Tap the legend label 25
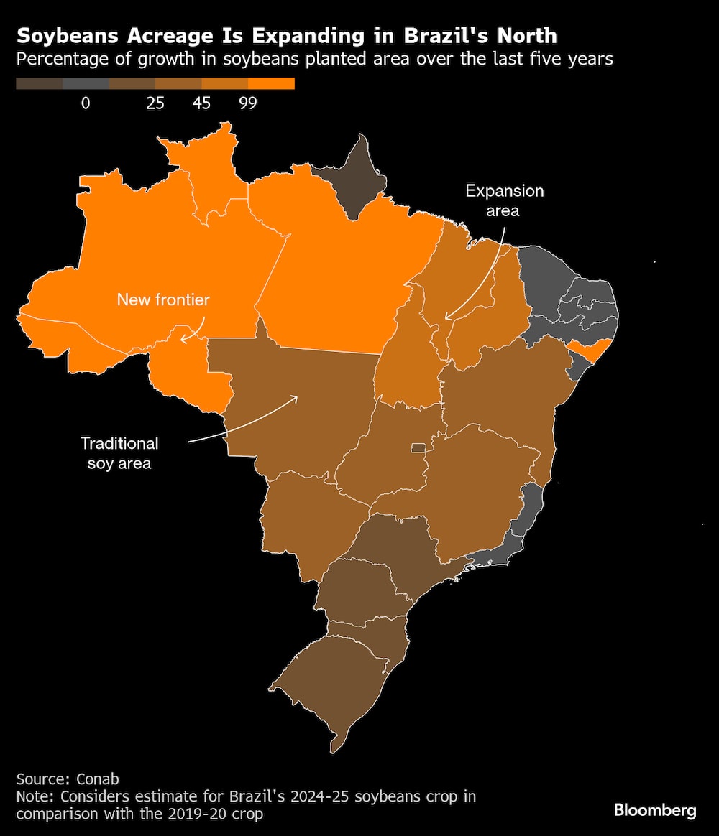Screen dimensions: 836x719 [x=155, y=103]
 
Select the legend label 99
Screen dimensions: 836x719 [x=248, y=103]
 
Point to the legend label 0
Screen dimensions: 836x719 [x=86, y=103]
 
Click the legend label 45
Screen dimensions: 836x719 [x=201, y=103]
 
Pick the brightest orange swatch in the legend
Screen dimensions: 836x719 [x=271, y=84]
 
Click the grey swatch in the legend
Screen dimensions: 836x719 [x=86, y=84]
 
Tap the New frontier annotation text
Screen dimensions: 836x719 [x=163, y=299]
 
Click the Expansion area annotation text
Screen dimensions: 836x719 [x=504, y=200]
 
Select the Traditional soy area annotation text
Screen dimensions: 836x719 [x=119, y=452]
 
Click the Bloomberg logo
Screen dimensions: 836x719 [x=655, y=810]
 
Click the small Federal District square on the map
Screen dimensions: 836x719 [x=417, y=448]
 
